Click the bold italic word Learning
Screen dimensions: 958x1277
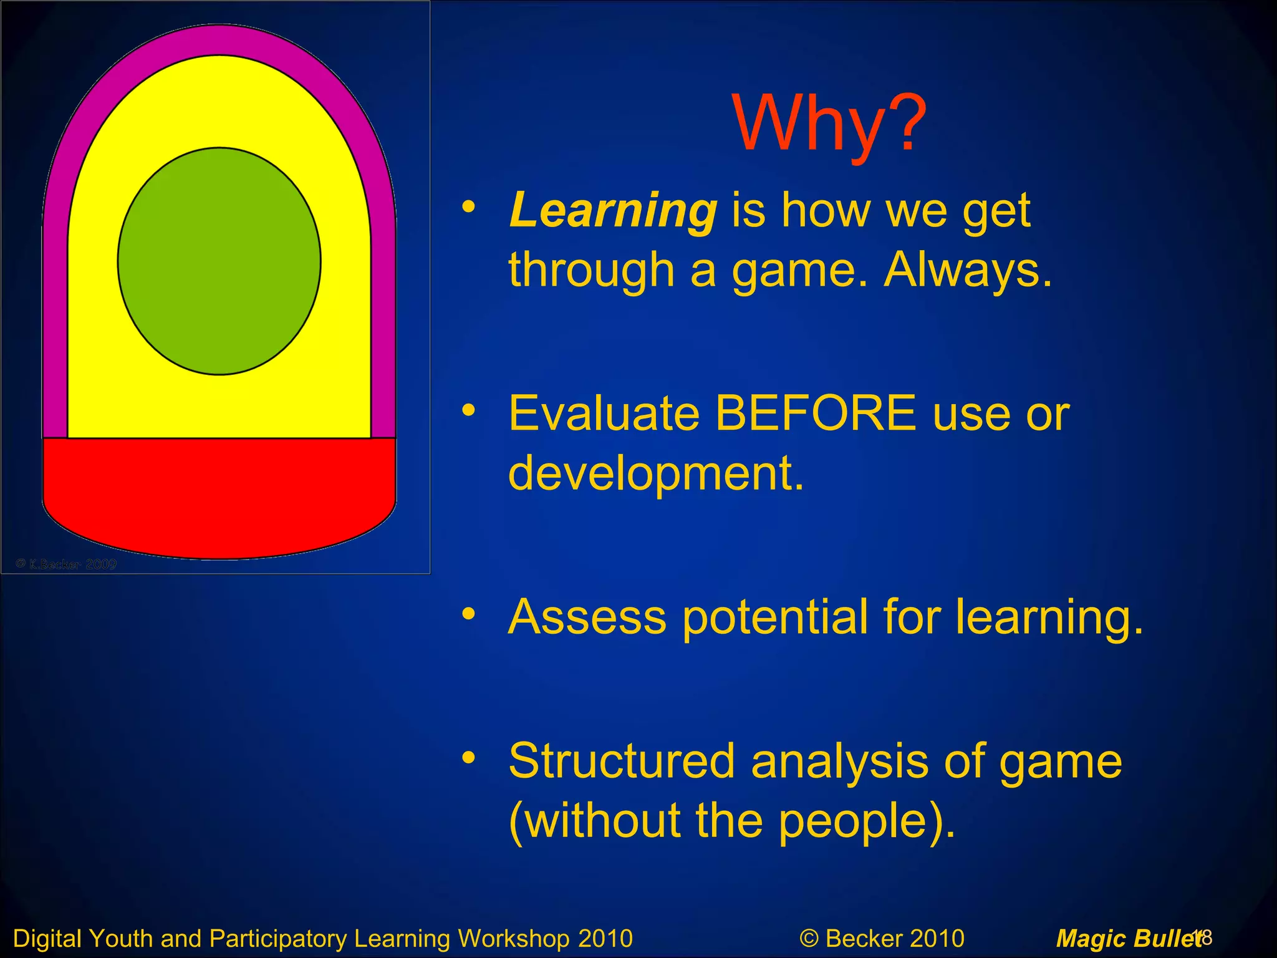point(613,211)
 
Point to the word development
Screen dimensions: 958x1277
point(656,473)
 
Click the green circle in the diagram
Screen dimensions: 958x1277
point(219,261)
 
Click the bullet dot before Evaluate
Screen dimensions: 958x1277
point(469,410)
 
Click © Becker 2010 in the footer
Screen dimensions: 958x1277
point(882,939)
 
